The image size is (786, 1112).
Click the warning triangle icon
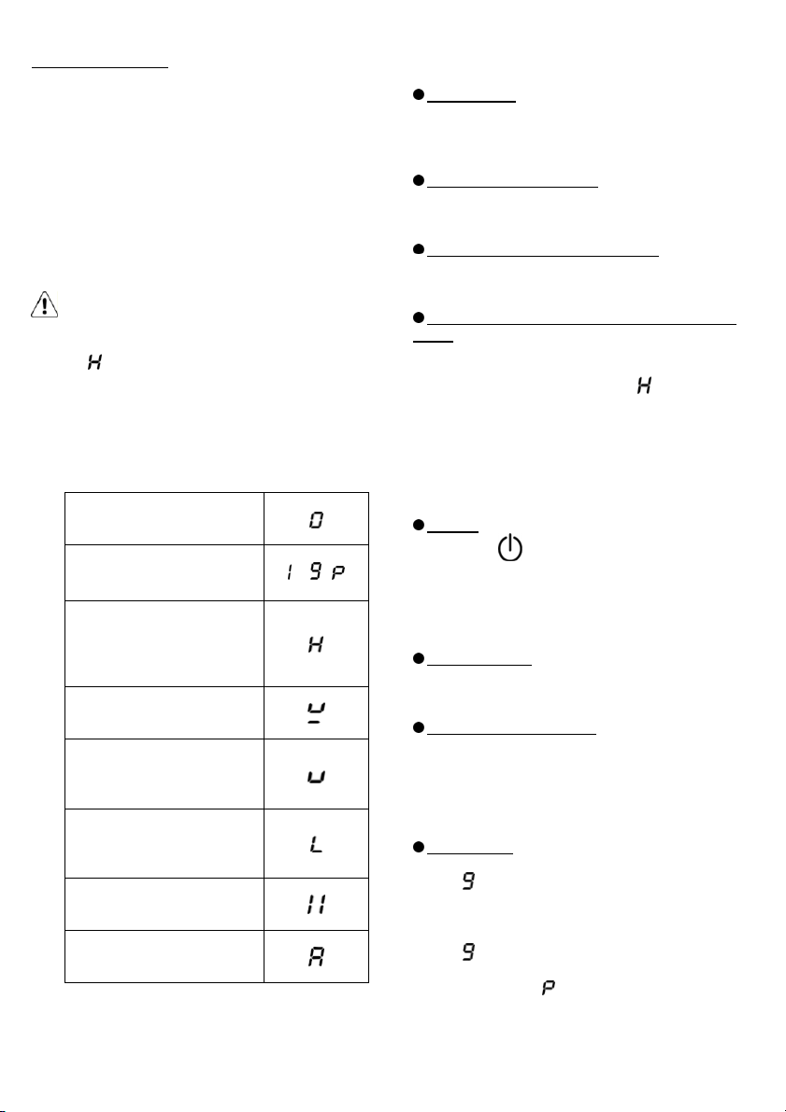point(44,305)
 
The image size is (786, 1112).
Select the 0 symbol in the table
point(316,520)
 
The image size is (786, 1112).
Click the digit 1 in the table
point(290,572)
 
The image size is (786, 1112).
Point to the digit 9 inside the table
point(315,572)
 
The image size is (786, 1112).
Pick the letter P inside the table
point(338,572)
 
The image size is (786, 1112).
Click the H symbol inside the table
point(316,644)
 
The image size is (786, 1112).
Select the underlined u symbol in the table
point(317,712)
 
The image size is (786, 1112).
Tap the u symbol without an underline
point(316,777)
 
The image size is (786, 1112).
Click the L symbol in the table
point(316,844)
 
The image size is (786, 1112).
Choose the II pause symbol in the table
point(316,905)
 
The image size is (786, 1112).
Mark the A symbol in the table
point(316,957)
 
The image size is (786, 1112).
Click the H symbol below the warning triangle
point(94,361)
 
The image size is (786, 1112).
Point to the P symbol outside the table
point(548,987)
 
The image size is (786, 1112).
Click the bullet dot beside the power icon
point(418,526)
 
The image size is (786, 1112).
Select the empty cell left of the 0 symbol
point(164,518)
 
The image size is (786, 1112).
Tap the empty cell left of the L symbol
point(164,843)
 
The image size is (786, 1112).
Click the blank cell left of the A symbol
point(164,956)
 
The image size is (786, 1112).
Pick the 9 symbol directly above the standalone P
point(468,951)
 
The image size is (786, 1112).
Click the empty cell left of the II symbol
point(164,904)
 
